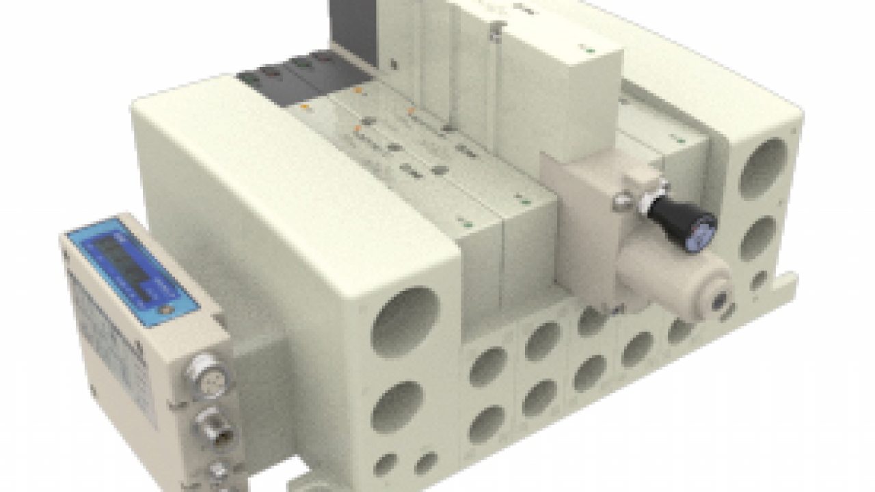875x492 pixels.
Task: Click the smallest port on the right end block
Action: pyautogui.click(x=758, y=280)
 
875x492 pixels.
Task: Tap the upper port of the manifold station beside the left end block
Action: pyautogui.click(x=487, y=366)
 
